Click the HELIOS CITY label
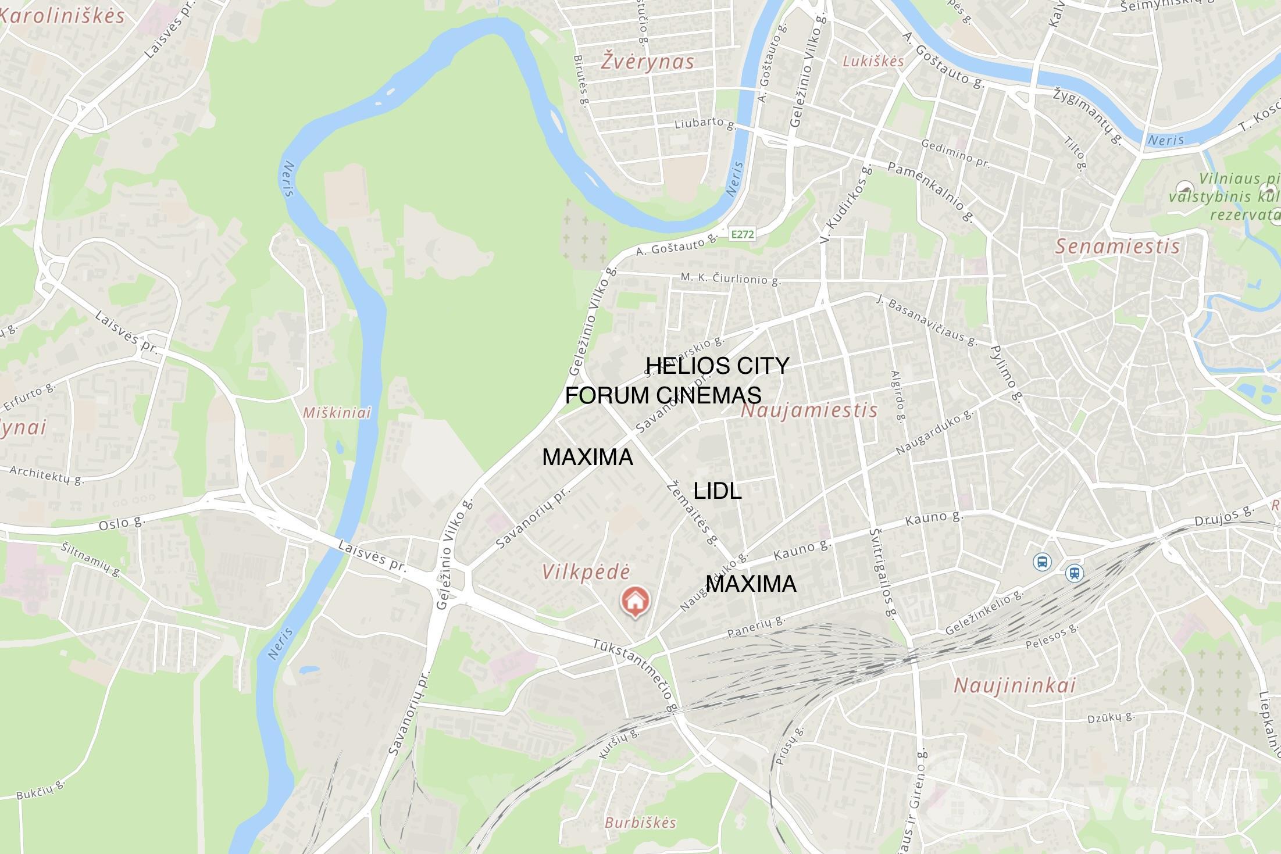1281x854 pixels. (x=718, y=366)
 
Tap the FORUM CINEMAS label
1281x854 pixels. (x=663, y=395)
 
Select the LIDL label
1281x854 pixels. (x=718, y=491)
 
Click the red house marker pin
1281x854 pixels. (x=635, y=601)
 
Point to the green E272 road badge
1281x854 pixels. (x=742, y=234)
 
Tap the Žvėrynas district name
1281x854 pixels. (x=647, y=61)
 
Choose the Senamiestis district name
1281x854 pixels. (x=1117, y=246)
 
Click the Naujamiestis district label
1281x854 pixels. (x=809, y=410)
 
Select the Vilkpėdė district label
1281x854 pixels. (x=586, y=571)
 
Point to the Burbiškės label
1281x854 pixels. (x=640, y=823)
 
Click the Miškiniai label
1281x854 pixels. (x=337, y=413)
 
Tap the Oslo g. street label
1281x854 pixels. (x=122, y=523)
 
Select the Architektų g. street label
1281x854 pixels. (x=47, y=474)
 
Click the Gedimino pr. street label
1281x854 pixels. (x=955, y=153)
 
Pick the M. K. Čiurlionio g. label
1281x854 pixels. (x=730, y=278)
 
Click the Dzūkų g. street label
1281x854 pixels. (x=1111, y=717)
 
